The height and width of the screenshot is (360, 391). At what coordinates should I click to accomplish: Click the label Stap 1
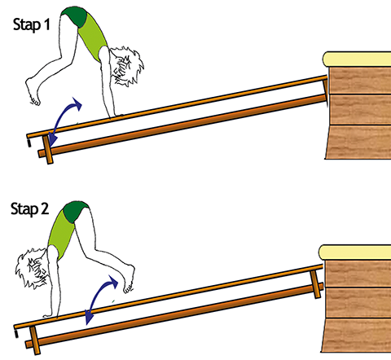click(32, 25)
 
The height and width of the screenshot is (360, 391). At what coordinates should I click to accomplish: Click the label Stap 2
click(30, 209)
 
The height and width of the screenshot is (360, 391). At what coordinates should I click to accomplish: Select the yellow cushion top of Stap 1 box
click(357, 59)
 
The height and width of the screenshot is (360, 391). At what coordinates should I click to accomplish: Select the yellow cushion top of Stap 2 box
click(354, 252)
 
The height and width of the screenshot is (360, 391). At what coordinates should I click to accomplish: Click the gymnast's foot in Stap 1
click(33, 91)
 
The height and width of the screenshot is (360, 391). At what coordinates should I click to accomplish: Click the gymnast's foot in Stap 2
click(129, 279)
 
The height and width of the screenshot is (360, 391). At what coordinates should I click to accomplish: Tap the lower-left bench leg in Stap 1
click(48, 150)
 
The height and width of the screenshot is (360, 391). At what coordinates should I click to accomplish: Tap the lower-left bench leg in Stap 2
click(35, 340)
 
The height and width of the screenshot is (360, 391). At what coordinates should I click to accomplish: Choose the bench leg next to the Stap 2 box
click(315, 284)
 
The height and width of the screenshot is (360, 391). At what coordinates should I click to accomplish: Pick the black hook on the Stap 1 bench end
click(29, 143)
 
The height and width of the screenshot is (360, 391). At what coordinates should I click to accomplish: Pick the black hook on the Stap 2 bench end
click(16, 334)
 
